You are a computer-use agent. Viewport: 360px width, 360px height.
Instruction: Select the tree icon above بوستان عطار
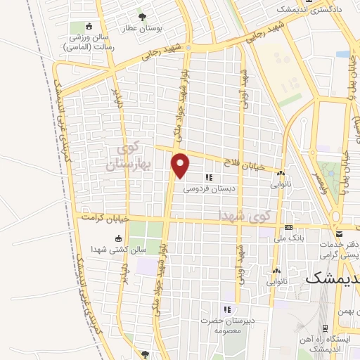tap(143, 16)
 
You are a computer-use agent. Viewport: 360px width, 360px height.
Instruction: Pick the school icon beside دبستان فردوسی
tap(209, 177)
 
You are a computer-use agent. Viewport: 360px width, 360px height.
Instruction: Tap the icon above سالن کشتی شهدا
tap(117, 237)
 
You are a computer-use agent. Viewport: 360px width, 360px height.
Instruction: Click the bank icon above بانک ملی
tap(289, 227)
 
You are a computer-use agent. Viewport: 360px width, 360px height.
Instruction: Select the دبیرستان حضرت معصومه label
tap(226, 324)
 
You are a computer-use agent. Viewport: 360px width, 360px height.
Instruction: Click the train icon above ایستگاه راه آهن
tap(323, 328)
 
